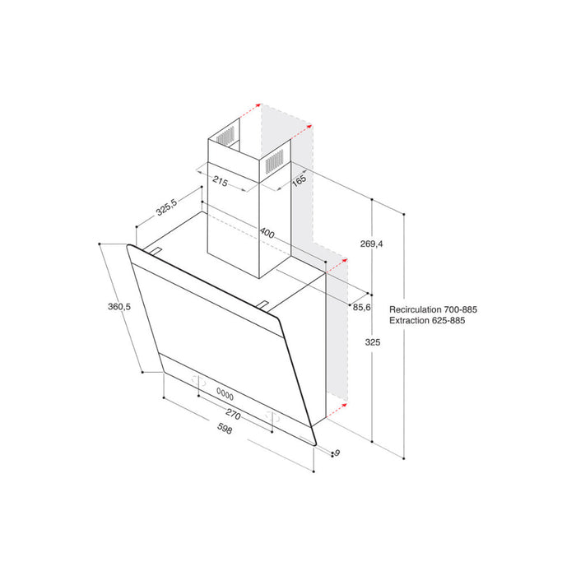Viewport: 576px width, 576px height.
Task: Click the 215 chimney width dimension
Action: pos(220,180)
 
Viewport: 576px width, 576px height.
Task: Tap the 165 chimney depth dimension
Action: pos(298,180)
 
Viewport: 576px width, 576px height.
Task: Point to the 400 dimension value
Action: pos(267,234)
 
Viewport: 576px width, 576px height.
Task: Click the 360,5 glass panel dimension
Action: pos(119,307)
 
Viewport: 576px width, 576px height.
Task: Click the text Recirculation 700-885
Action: pos(434,309)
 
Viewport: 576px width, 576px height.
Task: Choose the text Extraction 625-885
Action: pos(428,321)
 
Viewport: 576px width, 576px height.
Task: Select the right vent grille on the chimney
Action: pos(276,160)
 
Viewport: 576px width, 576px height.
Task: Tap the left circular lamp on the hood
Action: pos(197,380)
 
